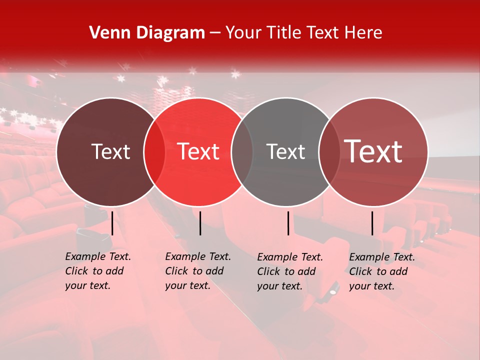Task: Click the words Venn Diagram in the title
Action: [147, 33]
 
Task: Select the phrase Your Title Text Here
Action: [303, 33]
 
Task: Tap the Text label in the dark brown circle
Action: [110, 152]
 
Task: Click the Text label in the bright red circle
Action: [198, 152]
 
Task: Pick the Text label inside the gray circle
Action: [285, 152]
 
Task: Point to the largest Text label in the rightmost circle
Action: [373, 151]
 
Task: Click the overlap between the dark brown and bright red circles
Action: [154, 152]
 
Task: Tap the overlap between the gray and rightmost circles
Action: [327, 152]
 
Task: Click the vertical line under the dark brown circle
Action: [112, 223]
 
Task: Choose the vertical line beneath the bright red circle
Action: [200, 223]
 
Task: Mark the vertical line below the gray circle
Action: [288, 223]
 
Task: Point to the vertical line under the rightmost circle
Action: [372, 223]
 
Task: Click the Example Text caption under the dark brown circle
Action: [98, 271]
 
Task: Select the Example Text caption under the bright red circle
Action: [198, 271]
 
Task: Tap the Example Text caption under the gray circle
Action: [290, 271]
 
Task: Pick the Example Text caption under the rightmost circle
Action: [382, 271]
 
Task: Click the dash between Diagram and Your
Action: [215, 33]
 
